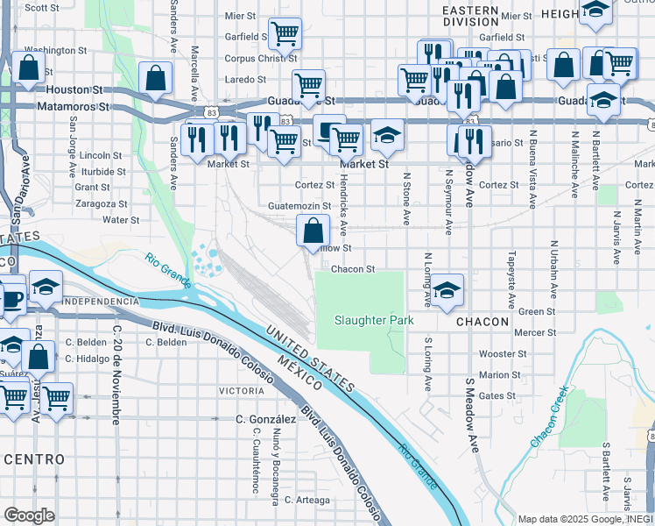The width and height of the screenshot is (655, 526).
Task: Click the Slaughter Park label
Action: [x=374, y=320]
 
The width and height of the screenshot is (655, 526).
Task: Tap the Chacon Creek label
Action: [x=549, y=416]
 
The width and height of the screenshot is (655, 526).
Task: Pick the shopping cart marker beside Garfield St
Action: [x=285, y=34]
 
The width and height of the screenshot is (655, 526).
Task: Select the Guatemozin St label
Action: [x=300, y=207]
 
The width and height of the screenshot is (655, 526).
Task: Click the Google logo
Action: [x=29, y=515]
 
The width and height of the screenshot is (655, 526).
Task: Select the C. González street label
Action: [x=266, y=420]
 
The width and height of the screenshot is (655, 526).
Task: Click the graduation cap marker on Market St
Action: [x=387, y=135]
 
